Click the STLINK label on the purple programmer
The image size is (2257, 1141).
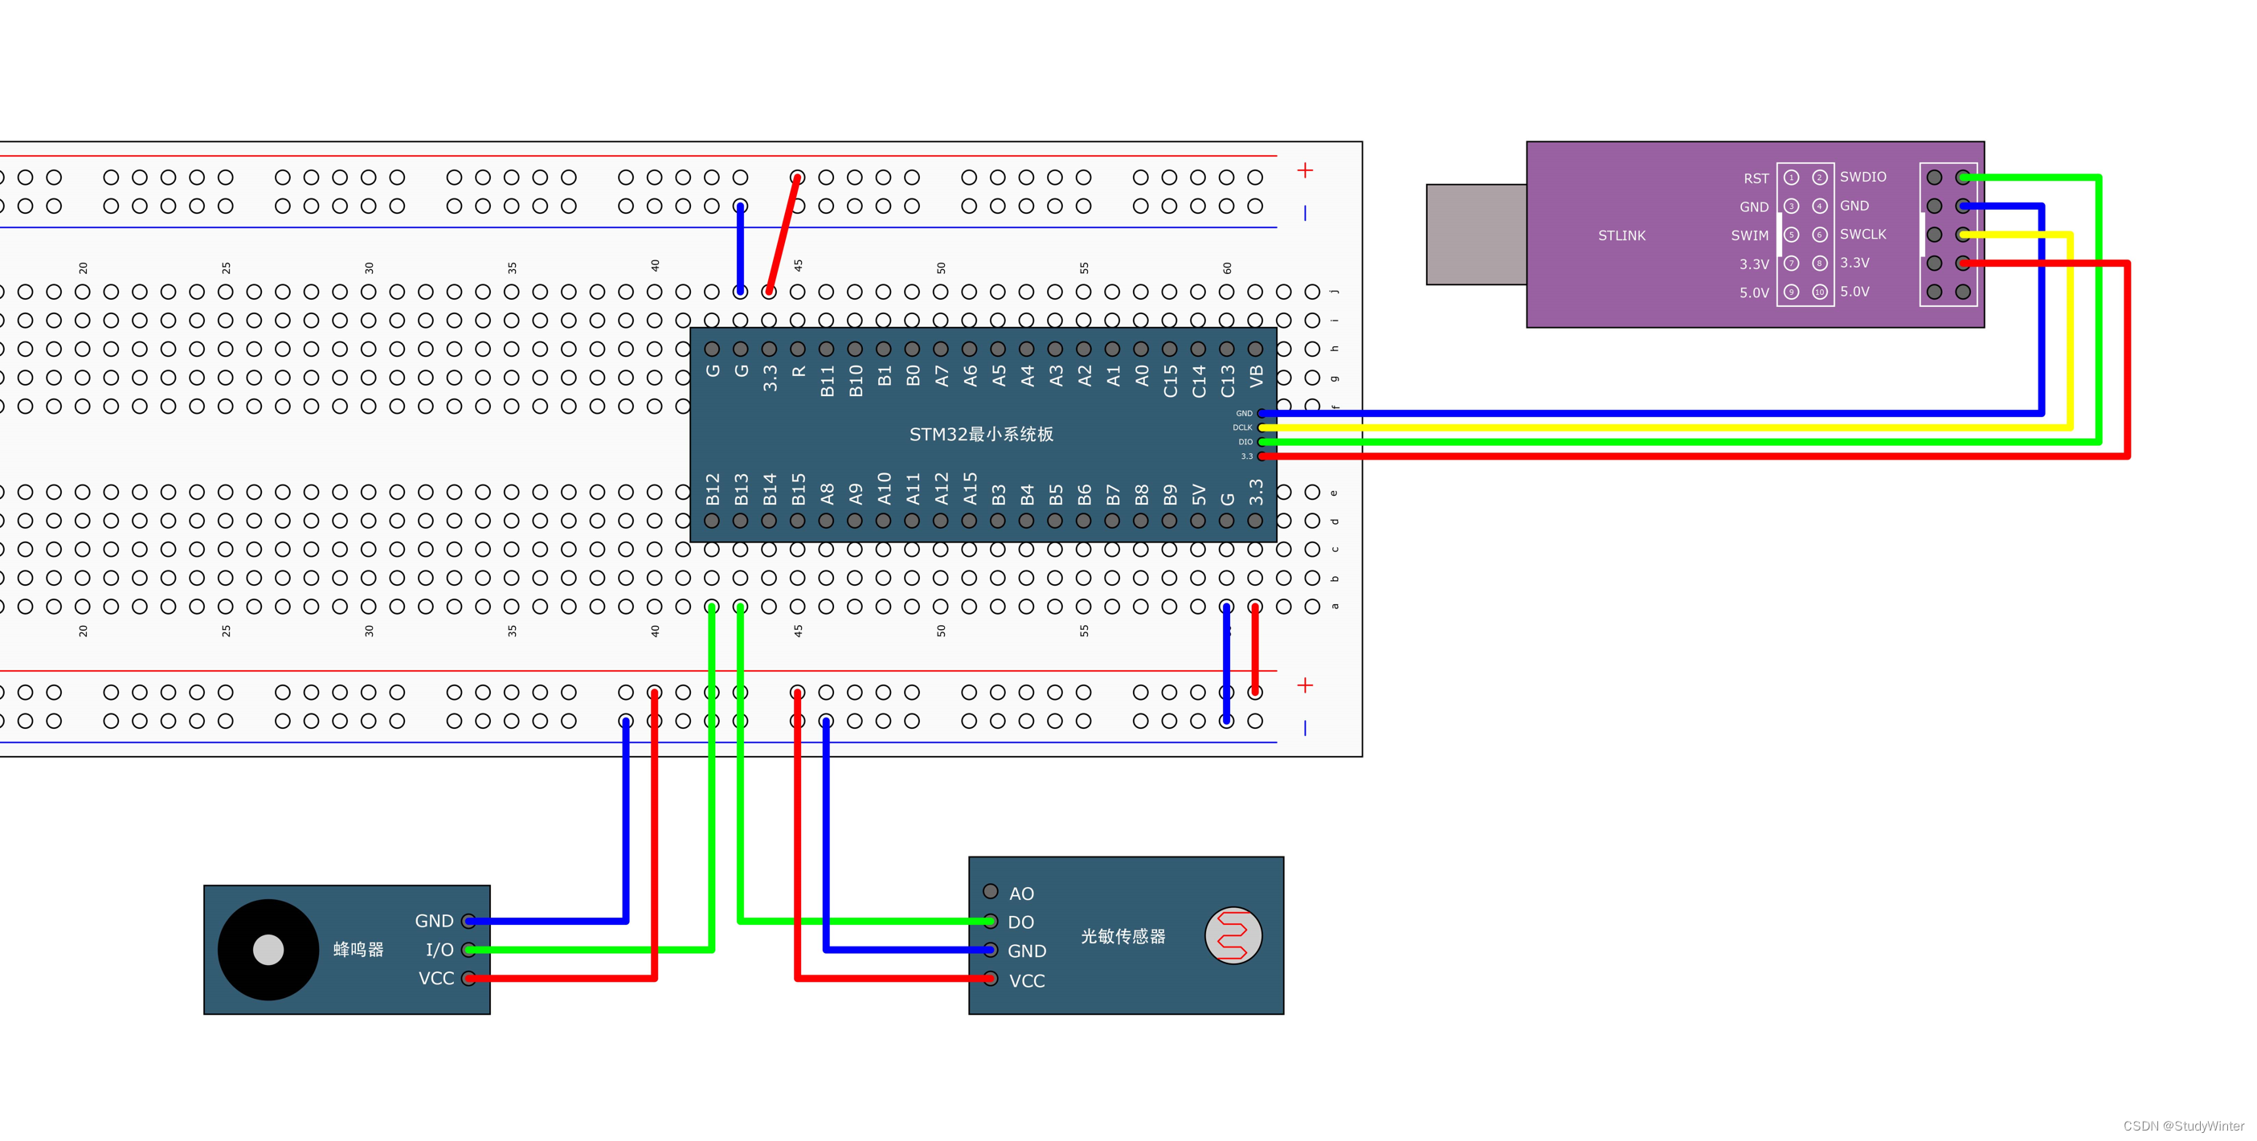click(x=1621, y=235)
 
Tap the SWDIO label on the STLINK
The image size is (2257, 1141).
click(x=1862, y=177)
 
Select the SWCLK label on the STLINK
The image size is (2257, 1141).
click(x=1862, y=234)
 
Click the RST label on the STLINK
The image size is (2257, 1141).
click(x=1755, y=178)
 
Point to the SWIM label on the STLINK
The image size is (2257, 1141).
click(x=1749, y=235)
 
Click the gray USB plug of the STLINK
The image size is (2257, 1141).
click(x=1475, y=234)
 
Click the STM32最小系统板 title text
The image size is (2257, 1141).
click(x=980, y=435)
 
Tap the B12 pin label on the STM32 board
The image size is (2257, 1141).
click(x=713, y=489)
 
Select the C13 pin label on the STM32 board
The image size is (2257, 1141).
click(x=1228, y=381)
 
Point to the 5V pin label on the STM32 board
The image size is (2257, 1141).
click(x=1199, y=495)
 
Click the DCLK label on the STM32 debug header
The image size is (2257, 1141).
click(x=1241, y=427)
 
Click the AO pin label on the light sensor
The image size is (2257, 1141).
click(x=1020, y=894)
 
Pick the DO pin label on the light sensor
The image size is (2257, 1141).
click(x=1020, y=922)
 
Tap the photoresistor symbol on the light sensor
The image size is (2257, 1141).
click(x=1232, y=935)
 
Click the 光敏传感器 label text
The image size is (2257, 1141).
click(x=1122, y=937)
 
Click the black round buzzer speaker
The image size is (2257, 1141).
click(x=268, y=949)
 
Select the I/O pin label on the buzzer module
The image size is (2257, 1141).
click(x=439, y=950)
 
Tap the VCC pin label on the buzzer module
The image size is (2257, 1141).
click(x=435, y=979)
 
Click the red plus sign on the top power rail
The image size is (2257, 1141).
click(x=1305, y=170)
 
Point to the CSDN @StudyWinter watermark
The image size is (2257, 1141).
click(x=2182, y=1126)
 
